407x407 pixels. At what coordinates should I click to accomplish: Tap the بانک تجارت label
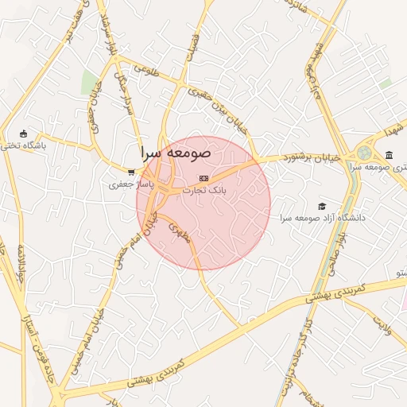[204, 191]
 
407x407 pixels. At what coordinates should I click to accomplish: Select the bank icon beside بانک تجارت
[204, 177]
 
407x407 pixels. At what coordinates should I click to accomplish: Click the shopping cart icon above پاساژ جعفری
[131, 172]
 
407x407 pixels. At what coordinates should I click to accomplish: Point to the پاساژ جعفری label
[128, 184]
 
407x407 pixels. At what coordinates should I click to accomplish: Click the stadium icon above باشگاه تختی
[23, 134]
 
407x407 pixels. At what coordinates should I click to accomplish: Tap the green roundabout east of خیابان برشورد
[365, 151]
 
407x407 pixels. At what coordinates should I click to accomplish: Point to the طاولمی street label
[148, 69]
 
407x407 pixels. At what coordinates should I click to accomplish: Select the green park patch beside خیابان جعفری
[90, 83]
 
